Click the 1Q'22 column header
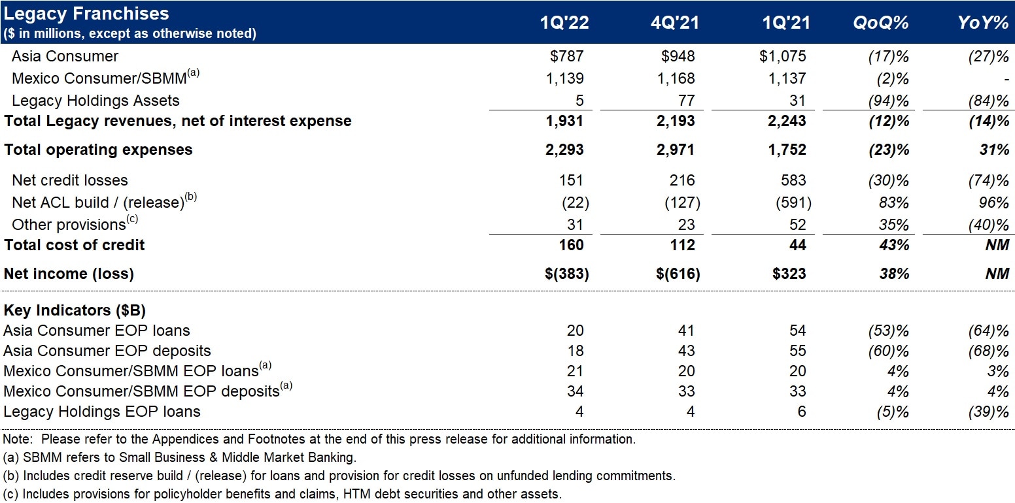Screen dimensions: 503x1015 [x=564, y=23]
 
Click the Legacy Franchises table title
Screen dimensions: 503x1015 [x=86, y=13]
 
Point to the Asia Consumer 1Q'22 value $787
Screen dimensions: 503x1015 [x=567, y=57]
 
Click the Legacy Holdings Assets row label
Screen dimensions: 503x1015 [x=95, y=101]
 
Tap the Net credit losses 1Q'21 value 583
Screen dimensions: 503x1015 [x=793, y=180]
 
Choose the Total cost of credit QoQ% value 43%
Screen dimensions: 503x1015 [x=894, y=245]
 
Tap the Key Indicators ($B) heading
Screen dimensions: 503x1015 [x=71, y=310]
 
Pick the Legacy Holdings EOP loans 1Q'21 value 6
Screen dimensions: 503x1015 [x=801, y=412]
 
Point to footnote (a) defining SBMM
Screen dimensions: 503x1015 [x=180, y=458]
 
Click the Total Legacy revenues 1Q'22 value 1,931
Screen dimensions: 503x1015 [x=564, y=121]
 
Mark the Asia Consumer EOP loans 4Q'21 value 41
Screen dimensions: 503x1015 [x=687, y=331]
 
